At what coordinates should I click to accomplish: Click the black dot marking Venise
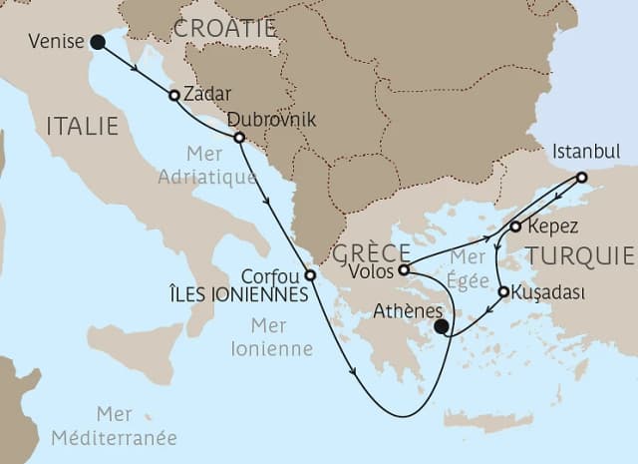point(97,42)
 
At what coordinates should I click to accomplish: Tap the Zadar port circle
point(174,96)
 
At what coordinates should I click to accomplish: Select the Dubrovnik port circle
point(238,137)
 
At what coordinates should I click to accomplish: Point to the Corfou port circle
point(310,275)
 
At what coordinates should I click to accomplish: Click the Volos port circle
point(403,269)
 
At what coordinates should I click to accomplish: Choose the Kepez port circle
point(515,227)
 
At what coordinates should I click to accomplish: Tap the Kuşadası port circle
point(504,292)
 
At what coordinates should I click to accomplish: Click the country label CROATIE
point(224,29)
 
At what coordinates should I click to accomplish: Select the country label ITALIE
point(82,126)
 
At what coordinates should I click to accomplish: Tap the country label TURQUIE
point(580,254)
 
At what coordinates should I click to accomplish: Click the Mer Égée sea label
point(460,264)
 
